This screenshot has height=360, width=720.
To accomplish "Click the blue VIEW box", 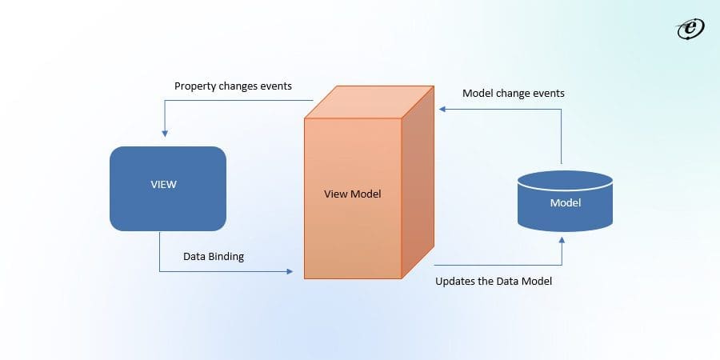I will coord(167,189).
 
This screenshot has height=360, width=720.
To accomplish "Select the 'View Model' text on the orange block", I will coord(352,194).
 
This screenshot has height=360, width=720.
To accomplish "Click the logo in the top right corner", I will coord(689,29).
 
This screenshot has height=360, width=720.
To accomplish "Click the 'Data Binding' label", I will coord(214,257).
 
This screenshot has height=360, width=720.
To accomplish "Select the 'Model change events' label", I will coord(513,94).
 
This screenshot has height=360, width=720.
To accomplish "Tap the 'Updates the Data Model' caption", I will coord(493,282).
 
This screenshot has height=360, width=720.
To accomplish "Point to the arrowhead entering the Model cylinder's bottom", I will coord(562,239).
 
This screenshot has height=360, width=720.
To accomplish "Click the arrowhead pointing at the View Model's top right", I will coord(438,110).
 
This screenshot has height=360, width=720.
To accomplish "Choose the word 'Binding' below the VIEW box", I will coord(226,257).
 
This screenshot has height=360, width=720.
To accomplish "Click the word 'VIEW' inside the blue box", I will coord(163,184).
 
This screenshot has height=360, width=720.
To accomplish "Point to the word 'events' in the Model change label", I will coord(548,94).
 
